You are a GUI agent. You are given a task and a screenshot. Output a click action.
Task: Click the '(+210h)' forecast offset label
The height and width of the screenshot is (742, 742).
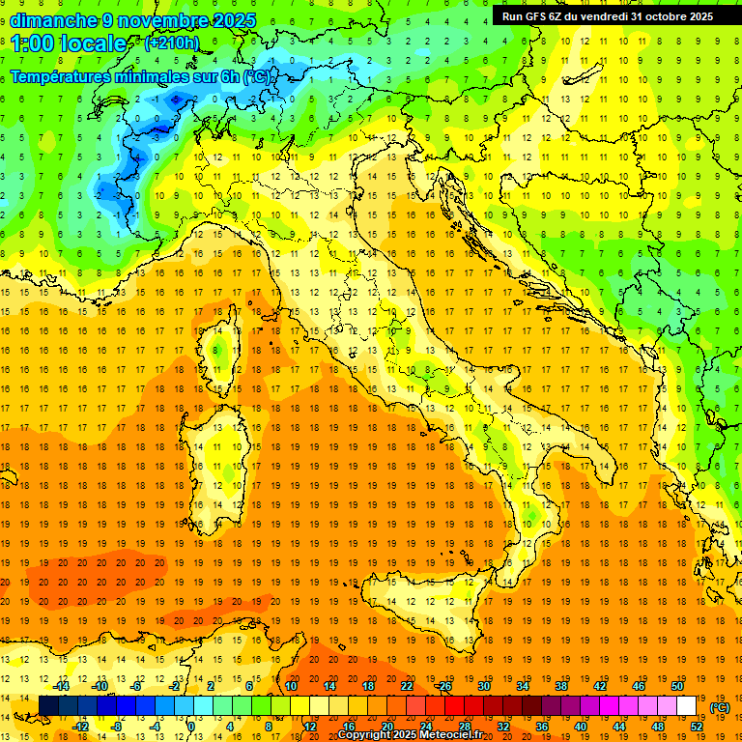point(172,43)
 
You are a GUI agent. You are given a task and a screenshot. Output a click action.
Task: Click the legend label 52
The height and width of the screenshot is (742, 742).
point(697,727)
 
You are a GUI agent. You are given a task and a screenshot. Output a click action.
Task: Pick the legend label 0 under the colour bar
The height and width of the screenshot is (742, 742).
point(191,727)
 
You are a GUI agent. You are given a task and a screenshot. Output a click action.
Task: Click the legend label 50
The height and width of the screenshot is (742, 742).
point(677,686)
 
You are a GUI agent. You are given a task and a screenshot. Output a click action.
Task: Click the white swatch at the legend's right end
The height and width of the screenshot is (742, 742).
point(687,706)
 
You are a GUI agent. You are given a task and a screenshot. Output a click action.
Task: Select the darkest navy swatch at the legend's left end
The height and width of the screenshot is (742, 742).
point(48,706)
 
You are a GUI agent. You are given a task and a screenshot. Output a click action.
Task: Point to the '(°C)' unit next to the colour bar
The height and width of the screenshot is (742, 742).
point(719,707)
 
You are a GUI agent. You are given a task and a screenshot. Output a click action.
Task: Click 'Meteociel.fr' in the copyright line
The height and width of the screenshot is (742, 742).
point(457,735)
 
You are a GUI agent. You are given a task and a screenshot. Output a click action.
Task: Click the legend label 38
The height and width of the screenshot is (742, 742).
point(561,686)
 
